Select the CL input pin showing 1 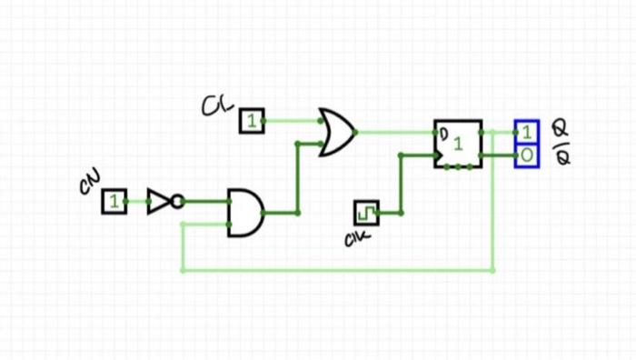[x=252, y=121]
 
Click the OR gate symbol [x=336, y=133]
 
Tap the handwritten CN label [x=89, y=184]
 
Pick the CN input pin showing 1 [x=114, y=202]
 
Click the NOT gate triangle [x=158, y=202]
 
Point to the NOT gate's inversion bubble [x=177, y=202]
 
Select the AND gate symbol [x=243, y=213]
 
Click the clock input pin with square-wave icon [x=366, y=213]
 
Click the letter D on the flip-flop [x=444, y=135]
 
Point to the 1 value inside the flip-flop [x=458, y=144]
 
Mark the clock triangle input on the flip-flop [x=441, y=155]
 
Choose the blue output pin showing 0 [x=527, y=155]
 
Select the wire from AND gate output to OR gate [x=297, y=182]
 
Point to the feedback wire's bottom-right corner [x=492, y=270]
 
